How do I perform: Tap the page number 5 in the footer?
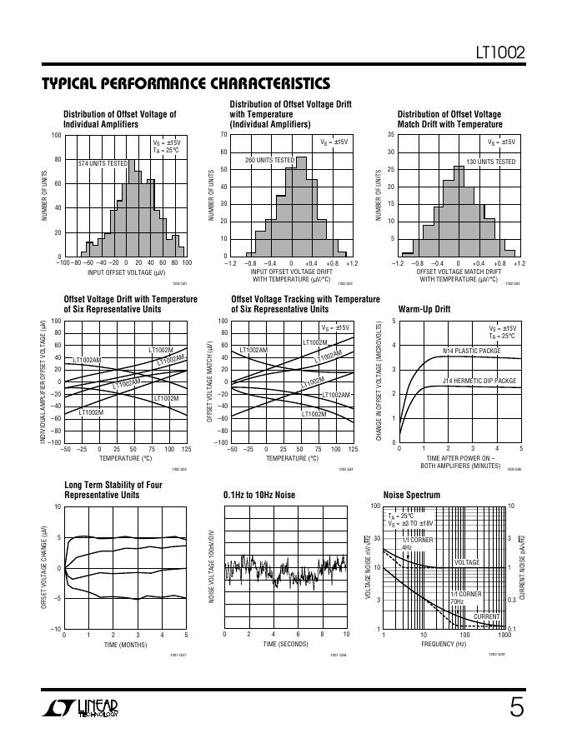tap(517, 708)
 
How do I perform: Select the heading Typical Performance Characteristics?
tap(185, 84)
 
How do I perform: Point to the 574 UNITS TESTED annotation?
tap(103, 163)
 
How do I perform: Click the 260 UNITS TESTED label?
tap(269, 160)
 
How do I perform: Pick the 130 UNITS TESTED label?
tap(490, 162)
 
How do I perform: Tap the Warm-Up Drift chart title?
tap(424, 309)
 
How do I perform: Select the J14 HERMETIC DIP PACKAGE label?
tap(479, 381)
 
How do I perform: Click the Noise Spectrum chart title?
tap(411, 495)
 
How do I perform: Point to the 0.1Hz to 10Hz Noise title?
tap(259, 495)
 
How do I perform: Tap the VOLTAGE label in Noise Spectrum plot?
tap(467, 562)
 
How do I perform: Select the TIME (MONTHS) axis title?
tap(125, 645)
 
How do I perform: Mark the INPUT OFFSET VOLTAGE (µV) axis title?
tap(126, 272)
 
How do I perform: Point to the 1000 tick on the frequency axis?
tap(504, 635)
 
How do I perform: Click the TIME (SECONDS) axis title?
tap(285, 645)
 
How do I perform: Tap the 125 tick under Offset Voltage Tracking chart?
tap(353, 449)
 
